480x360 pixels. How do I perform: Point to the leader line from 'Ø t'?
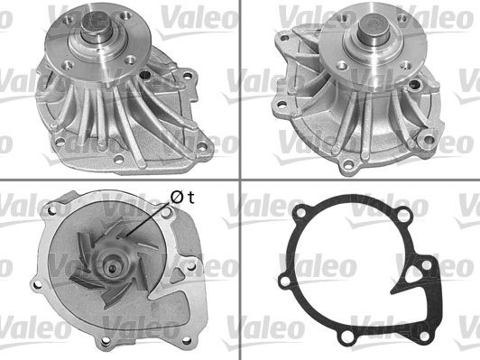coord(145,220)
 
